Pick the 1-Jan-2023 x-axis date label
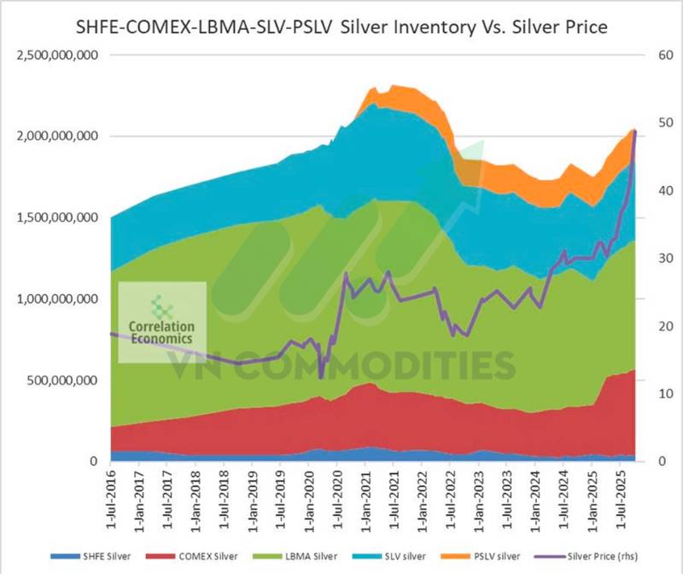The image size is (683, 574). (x=480, y=496)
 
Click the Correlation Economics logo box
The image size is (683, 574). (x=161, y=322)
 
